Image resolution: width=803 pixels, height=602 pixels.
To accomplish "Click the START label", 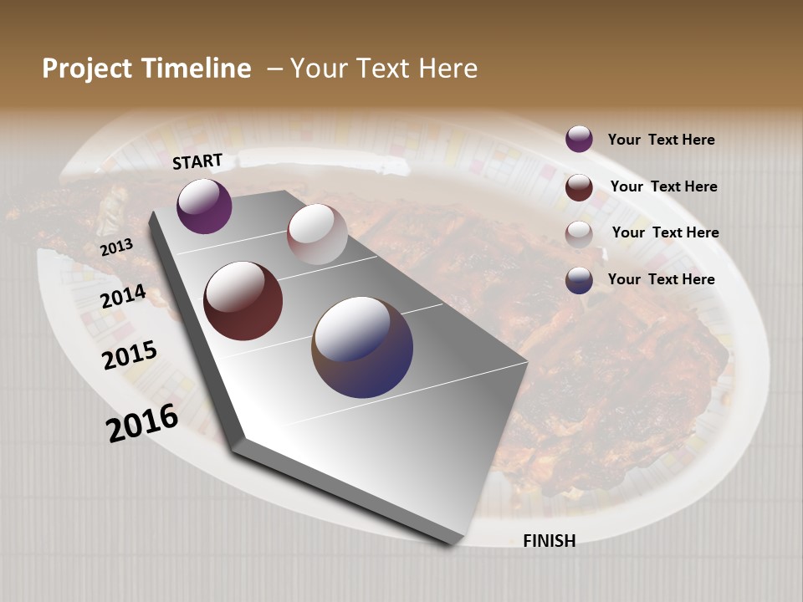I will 197,161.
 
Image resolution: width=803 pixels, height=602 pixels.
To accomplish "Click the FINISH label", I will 549,541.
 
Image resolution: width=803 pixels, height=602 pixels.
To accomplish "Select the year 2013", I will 117,247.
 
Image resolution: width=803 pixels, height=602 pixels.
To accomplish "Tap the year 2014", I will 124,296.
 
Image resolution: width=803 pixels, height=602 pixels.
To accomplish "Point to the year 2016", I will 142,423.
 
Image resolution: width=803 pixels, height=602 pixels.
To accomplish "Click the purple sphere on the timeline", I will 204,206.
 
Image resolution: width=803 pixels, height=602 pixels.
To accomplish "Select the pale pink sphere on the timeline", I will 317,234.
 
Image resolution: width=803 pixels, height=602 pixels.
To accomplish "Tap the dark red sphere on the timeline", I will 243,301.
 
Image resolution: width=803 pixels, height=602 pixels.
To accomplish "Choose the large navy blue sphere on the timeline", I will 362,347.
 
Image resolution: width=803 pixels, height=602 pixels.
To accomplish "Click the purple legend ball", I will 579,139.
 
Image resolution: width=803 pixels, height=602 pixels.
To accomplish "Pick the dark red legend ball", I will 579,187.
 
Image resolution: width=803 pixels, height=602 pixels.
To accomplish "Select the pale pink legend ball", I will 579,234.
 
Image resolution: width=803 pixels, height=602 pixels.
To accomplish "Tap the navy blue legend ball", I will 579,280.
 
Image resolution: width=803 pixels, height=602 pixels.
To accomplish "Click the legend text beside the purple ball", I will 661,140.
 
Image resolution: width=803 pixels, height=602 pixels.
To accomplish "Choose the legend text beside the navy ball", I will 661,279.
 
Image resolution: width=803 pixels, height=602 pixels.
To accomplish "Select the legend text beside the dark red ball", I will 663,186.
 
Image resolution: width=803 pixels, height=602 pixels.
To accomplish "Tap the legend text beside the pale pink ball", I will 665,232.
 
